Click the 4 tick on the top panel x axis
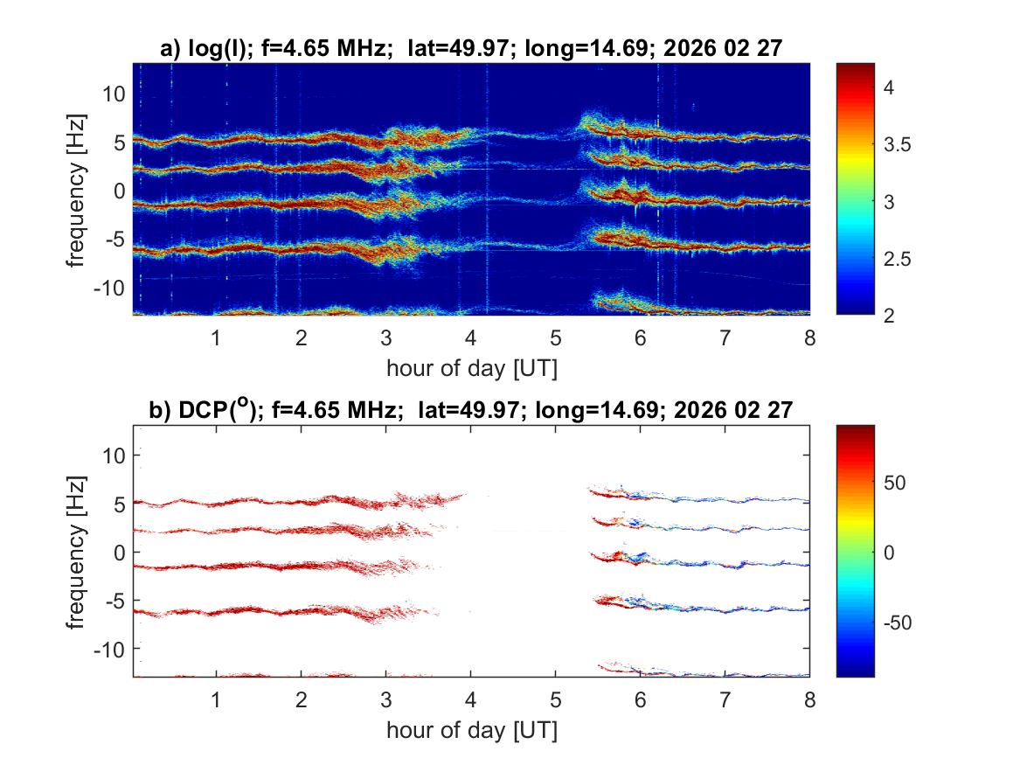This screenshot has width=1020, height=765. (x=470, y=337)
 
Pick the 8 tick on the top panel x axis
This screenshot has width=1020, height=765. (x=809, y=337)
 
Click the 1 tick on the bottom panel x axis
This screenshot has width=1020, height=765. (x=216, y=699)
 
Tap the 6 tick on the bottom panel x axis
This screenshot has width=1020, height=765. (x=640, y=699)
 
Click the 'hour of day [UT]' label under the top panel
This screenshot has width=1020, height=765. (x=471, y=368)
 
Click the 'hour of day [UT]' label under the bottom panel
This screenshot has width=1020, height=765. (x=471, y=730)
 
